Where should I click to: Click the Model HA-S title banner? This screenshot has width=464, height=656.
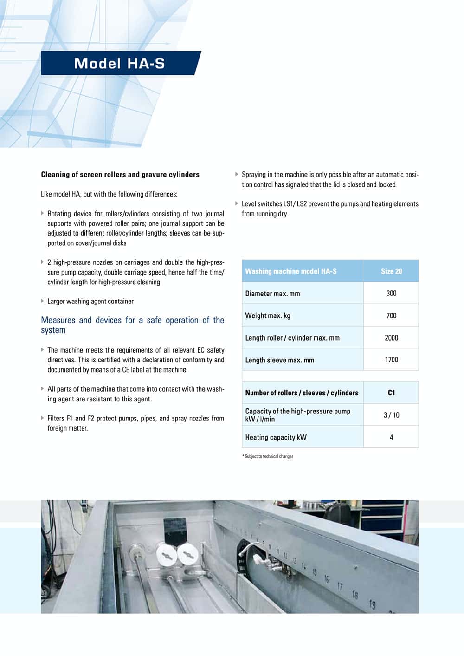click(x=121, y=63)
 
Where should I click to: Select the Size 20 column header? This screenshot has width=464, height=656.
click(x=391, y=271)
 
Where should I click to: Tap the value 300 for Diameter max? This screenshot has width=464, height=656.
click(x=391, y=293)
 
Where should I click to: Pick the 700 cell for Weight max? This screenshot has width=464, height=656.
click(x=391, y=315)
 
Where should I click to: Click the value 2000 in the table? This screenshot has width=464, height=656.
click(x=391, y=338)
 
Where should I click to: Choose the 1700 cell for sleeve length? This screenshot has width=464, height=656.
click(x=391, y=360)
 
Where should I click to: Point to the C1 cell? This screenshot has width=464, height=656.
click(x=391, y=393)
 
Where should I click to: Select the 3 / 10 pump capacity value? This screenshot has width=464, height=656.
click(x=391, y=415)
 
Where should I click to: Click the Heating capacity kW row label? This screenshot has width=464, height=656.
click(x=276, y=437)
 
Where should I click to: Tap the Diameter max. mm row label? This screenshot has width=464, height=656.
click(x=272, y=294)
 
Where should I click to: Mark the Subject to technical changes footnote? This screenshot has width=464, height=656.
click(x=268, y=456)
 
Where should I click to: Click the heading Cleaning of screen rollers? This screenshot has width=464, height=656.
click(x=120, y=175)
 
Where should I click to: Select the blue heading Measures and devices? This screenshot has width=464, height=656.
click(x=133, y=325)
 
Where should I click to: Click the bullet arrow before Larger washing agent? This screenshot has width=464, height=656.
click(x=42, y=301)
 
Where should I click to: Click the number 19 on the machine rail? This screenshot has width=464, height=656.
click(x=372, y=604)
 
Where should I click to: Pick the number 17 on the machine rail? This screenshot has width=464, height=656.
click(x=340, y=586)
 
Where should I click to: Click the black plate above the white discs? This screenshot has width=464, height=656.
click(x=174, y=531)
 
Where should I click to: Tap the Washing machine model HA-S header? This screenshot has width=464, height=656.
click(x=291, y=271)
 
